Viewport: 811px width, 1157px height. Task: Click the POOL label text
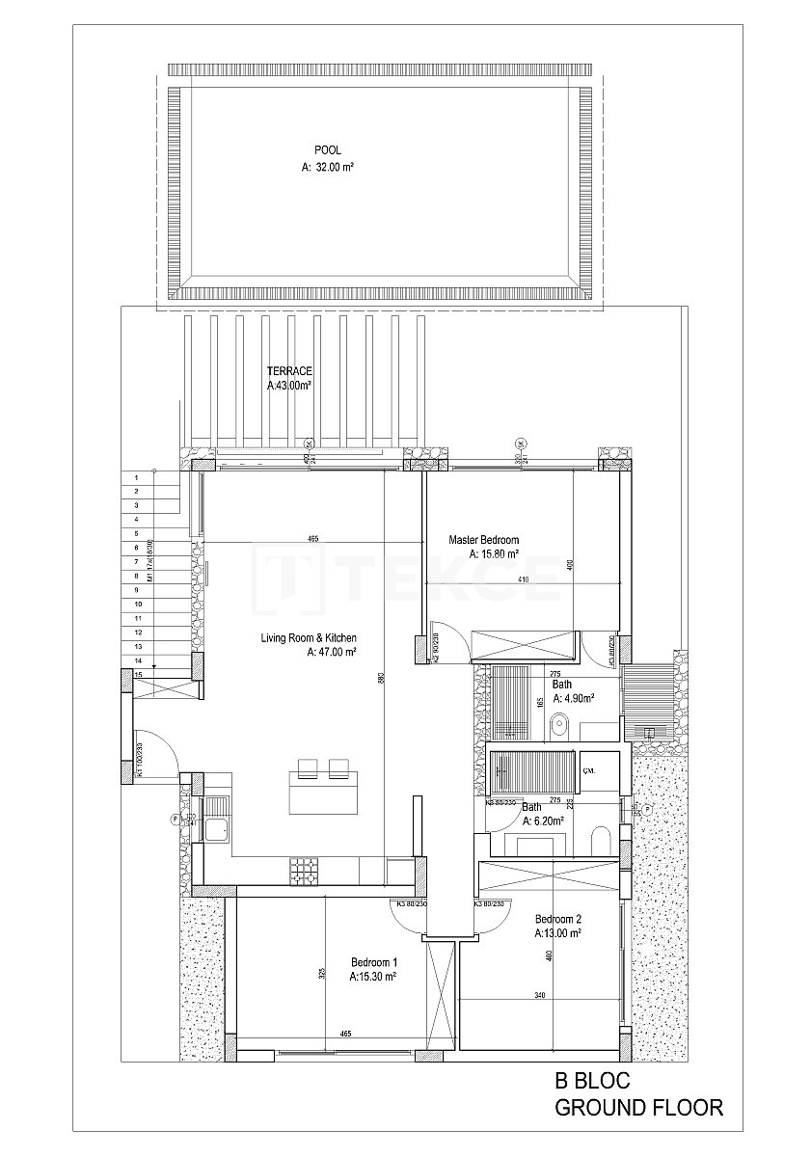[328, 149]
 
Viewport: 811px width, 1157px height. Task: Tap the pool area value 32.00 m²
[328, 167]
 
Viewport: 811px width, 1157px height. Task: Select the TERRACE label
[289, 370]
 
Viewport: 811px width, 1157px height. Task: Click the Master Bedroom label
[484, 540]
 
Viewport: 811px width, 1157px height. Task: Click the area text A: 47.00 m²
[332, 653]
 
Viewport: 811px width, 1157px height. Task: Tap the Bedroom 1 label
[374, 962]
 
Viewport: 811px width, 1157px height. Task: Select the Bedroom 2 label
[557, 919]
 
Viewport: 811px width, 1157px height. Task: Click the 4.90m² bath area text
[572, 699]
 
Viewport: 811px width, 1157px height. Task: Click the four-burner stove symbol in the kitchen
[302, 868]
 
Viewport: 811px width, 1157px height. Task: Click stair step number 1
[138, 476]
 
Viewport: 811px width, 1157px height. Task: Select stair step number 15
[139, 674]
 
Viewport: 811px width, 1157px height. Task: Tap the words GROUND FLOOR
[638, 1108]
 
